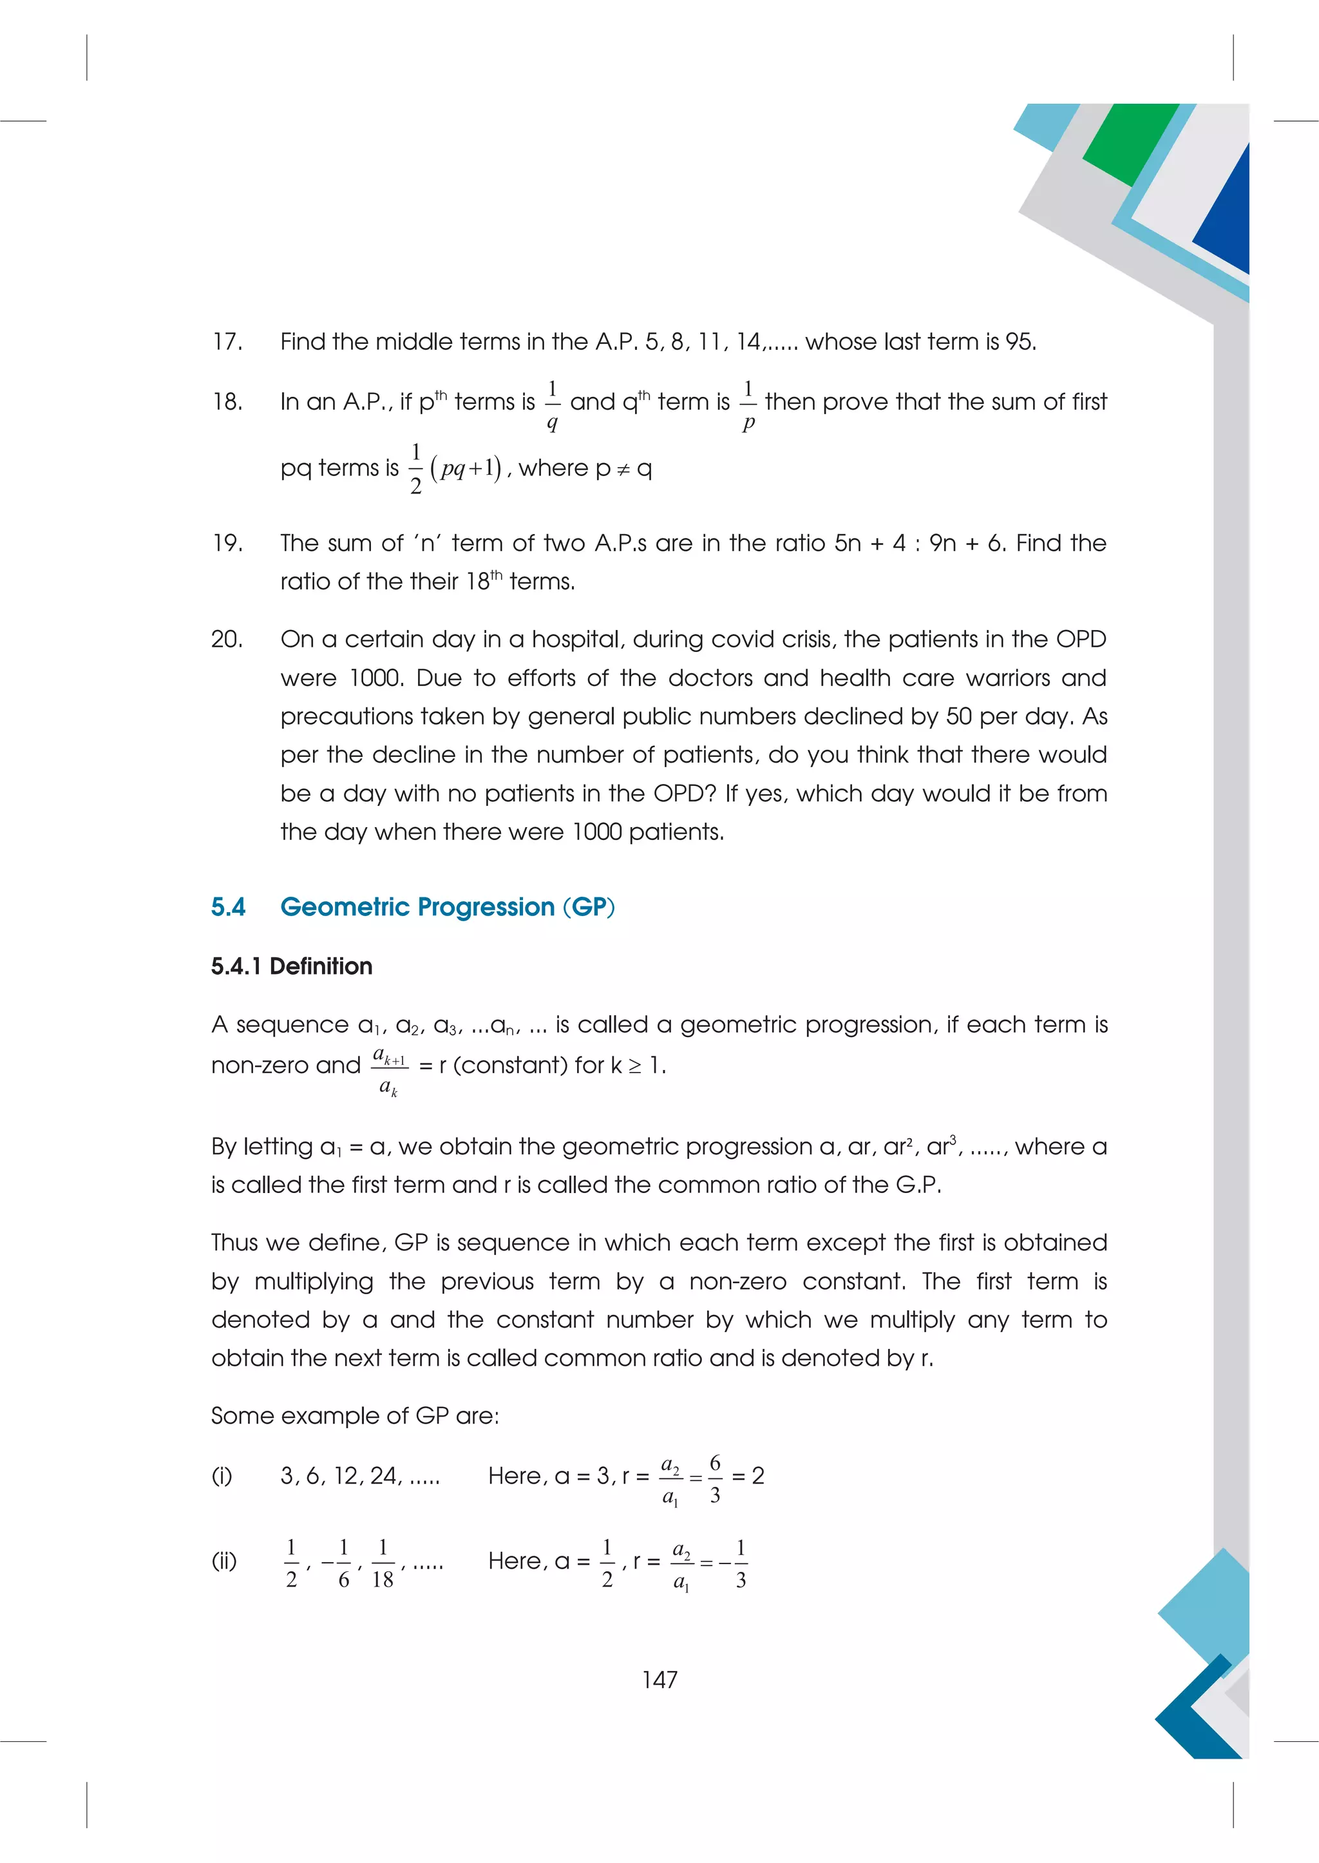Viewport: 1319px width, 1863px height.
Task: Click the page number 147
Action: click(659, 1679)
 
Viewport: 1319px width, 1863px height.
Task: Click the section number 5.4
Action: click(228, 907)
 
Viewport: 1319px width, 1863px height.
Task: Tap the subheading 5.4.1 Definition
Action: click(292, 966)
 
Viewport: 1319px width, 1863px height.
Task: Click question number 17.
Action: click(227, 342)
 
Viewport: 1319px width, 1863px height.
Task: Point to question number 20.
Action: click(227, 640)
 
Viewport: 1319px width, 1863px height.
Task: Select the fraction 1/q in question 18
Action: click(553, 405)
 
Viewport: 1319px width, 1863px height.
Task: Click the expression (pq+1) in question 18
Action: click(466, 469)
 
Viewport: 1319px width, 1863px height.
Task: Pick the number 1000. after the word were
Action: click(377, 678)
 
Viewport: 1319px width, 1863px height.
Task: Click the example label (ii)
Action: click(224, 1561)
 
